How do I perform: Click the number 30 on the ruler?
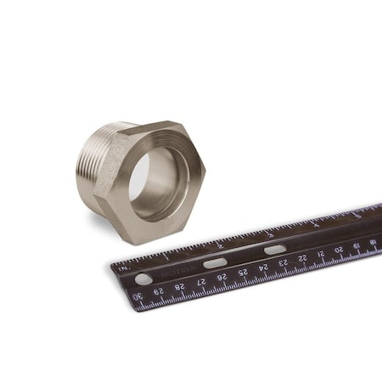[137, 296]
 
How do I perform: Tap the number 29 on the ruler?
[158, 291]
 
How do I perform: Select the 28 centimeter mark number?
[179, 286]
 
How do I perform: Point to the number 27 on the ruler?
[200, 281]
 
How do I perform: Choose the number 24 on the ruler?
[263, 267]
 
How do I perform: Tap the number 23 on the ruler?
[283, 262]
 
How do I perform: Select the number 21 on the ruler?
[321, 253]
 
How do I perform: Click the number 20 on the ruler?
[339, 249]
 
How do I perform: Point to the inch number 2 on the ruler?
[219, 245]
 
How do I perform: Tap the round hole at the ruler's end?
[143, 278]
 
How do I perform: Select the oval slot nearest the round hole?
[215, 263]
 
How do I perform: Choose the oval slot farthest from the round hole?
[275, 250]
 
